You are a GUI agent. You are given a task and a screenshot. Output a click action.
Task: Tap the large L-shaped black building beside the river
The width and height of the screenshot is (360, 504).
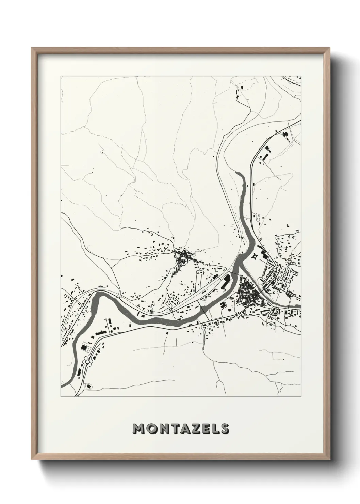(226, 282)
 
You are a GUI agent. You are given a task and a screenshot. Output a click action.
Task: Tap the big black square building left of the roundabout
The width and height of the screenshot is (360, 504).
(83, 347)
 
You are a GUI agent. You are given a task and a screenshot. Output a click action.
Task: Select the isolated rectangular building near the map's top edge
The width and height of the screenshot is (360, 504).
(242, 88)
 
